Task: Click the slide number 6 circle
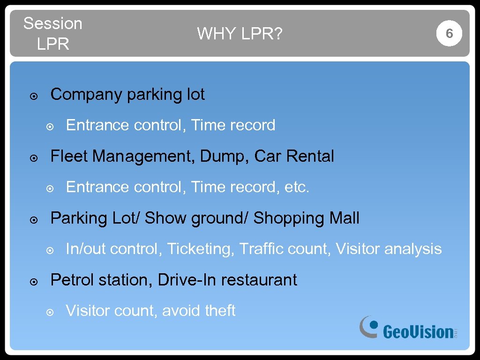tap(449, 33)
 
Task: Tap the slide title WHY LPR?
tap(240, 34)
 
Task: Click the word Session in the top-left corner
tap(52, 23)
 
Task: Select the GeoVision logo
tap(408, 328)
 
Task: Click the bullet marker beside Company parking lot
tap(33, 97)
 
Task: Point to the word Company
tap(86, 95)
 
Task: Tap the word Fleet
tap(69, 156)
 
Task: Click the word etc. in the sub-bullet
tap(297, 187)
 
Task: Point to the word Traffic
tap(260, 248)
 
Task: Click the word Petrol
tap(72, 280)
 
